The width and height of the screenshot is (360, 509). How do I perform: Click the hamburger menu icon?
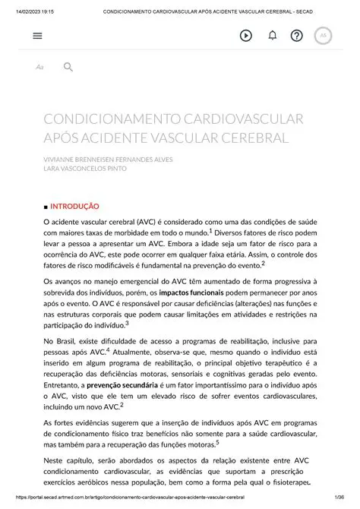[x=38, y=36]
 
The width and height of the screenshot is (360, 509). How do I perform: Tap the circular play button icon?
[x=246, y=36]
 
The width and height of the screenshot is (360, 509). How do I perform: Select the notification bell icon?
[x=272, y=36]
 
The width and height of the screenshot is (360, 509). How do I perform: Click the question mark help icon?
[x=297, y=36]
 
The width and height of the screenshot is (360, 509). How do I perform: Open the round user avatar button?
[x=323, y=36]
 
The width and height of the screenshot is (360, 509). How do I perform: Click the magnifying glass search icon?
[x=68, y=68]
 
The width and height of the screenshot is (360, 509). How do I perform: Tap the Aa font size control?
[x=39, y=68]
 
